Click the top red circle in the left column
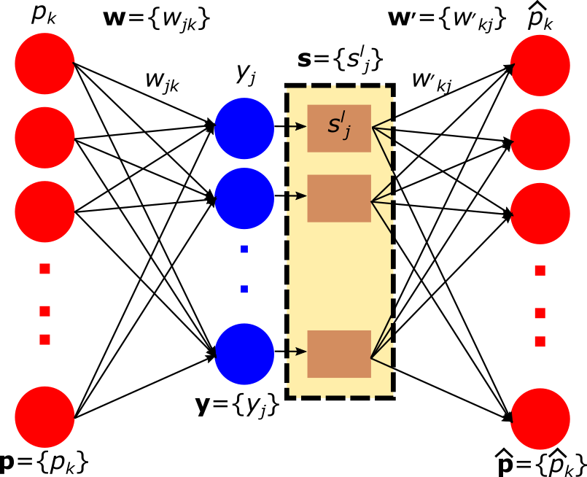point(44,63)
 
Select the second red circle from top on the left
point(44,138)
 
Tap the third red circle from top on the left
point(44,212)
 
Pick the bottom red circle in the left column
point(44,417)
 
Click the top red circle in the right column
point(540,65)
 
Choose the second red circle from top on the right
point(540,139)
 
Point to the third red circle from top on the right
point(540,214)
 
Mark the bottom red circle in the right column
point(540,419)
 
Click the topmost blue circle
point(244,128)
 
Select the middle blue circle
point(244,198)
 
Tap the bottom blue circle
point(244,354)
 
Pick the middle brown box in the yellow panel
point(339,198)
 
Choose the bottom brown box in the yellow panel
point(339,354)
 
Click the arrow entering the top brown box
point(297,126)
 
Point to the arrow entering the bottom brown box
point(297,352)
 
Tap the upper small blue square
point(244,249)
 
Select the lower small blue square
point(244,290)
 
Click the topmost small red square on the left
point(45,269)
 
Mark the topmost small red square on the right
point(540,271)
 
